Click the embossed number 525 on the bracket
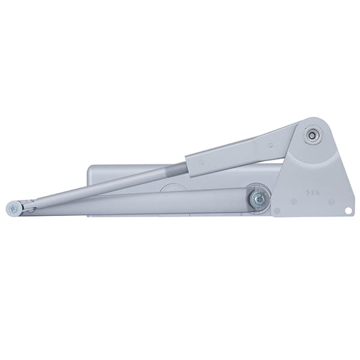pos(313,193)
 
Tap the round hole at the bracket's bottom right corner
pos(348,211)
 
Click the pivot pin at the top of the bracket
pos(311,136)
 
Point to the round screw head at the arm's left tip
pos(14,209)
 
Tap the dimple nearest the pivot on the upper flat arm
pos(271,145)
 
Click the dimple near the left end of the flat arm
pos(202,164)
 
